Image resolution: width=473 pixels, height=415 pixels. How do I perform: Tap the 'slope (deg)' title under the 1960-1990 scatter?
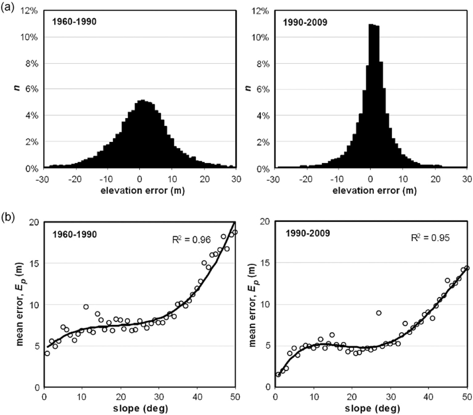click(x=140, y=408)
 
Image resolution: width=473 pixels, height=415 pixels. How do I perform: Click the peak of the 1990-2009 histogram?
click(x=371, y=25)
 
